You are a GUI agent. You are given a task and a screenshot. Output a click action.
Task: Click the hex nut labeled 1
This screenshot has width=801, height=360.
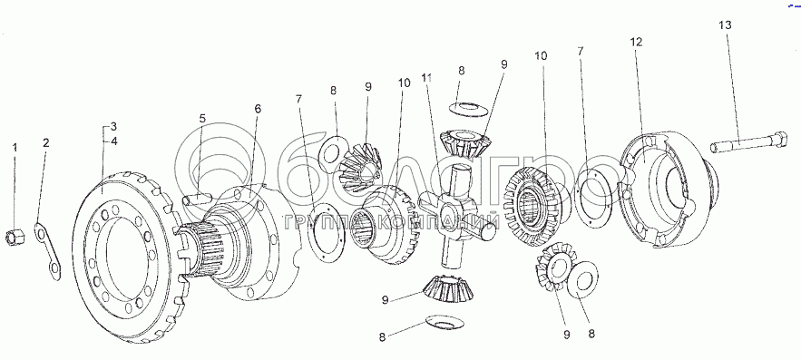[x=15, y=237]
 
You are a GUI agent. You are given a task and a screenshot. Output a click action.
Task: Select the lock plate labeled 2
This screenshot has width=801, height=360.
[x=47, y=250]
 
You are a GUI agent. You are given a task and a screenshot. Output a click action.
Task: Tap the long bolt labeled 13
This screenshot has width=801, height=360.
[x=748, y=142]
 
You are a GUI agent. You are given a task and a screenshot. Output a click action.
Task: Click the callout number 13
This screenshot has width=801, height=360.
[x=726, y=24]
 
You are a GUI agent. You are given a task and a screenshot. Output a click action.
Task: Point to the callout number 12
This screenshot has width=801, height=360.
[x=636, y=43]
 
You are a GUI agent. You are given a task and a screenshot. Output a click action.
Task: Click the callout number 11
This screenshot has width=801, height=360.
[x=426, y=78]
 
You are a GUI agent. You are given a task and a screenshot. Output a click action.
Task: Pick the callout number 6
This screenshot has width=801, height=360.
[x=258, y=108]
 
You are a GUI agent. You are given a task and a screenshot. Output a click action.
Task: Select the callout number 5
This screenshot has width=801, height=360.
[x=202, y=119]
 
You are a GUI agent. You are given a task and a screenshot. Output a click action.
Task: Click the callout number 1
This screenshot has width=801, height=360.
[x=15, y=148]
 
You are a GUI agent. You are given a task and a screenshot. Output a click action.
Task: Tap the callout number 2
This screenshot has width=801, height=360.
[x=46, y=142]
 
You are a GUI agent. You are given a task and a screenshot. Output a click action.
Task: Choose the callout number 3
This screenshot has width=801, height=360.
[x=113, y=126]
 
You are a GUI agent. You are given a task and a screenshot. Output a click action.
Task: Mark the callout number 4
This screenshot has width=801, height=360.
[x=113, y=141]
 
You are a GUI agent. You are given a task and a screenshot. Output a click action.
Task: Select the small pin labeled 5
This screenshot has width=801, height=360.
[x=197, y=198]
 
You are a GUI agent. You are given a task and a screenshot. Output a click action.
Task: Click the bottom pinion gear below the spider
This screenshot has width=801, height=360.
[x=448, y=289]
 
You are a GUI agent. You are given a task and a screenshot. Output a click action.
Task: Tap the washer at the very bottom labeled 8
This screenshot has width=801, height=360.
[x=444, y=322]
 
